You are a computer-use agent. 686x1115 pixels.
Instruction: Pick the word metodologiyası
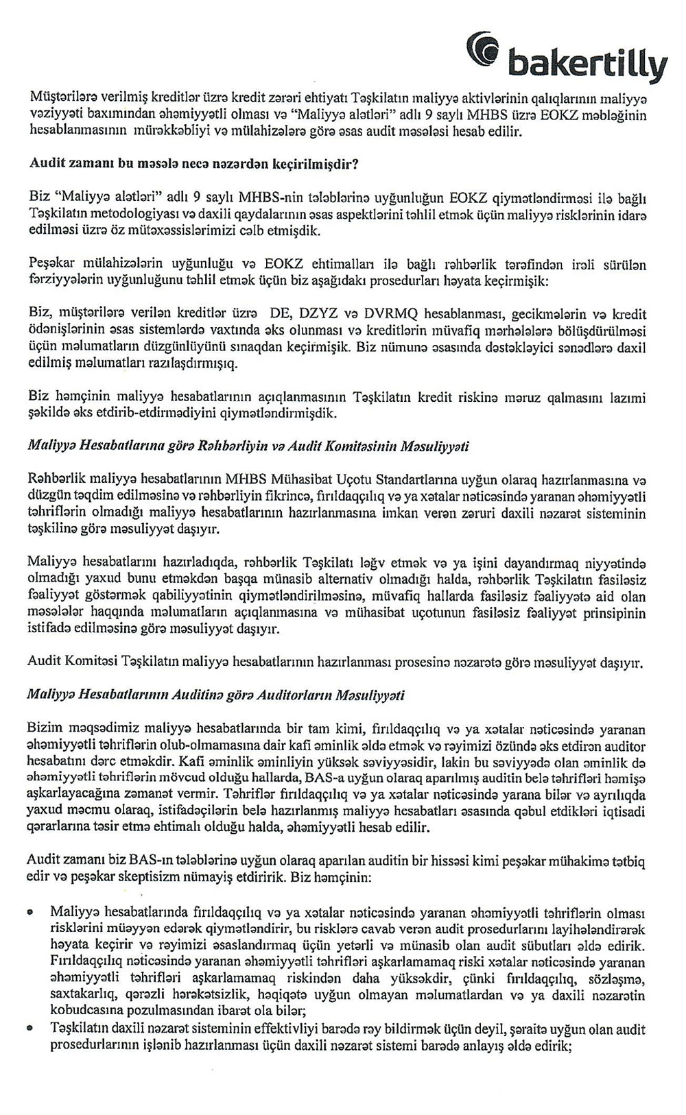click(123, 214)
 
